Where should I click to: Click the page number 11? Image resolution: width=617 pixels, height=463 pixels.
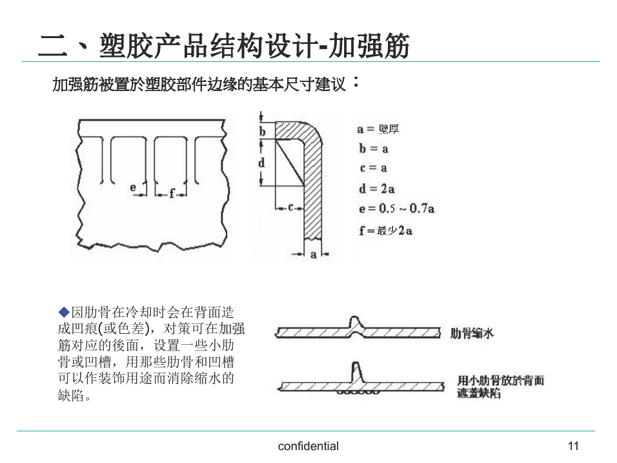click(573, 446)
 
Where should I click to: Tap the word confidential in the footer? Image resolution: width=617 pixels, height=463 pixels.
click(308, 446)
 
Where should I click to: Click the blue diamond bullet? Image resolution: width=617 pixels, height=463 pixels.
click(64, 313)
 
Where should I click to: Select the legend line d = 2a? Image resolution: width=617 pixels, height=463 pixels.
click(376, 189)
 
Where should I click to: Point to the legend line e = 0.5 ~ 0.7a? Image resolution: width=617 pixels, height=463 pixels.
click(397, 209)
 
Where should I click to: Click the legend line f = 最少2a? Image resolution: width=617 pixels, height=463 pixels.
click(386, 231)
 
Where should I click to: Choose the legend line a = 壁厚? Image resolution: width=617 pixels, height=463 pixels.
click(378, 129)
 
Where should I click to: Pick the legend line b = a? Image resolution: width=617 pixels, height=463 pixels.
click(374, 149)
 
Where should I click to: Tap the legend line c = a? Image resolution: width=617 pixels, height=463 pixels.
click(374, 168)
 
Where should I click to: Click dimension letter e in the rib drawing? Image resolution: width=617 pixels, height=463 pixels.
click(133, 187)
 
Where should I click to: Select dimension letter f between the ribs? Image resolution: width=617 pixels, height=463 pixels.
click(172, 193)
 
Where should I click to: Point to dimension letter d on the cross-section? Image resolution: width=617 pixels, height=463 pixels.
click(261, 162)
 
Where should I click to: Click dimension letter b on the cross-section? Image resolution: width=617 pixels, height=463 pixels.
click(263, 131)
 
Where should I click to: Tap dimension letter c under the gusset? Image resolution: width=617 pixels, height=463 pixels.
click(290, 207)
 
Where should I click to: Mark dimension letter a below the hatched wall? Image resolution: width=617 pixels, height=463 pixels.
click(313, 254)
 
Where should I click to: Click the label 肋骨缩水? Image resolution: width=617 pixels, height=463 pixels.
click(472, 333)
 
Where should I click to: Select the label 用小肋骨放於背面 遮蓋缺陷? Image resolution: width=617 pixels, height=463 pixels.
click(501, 387)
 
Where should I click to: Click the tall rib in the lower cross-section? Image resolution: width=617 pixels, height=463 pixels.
click(356, 372)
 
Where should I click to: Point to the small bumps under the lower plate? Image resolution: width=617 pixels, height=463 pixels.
click(358, 392)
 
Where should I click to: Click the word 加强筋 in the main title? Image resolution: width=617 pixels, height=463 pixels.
click(369, 46)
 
